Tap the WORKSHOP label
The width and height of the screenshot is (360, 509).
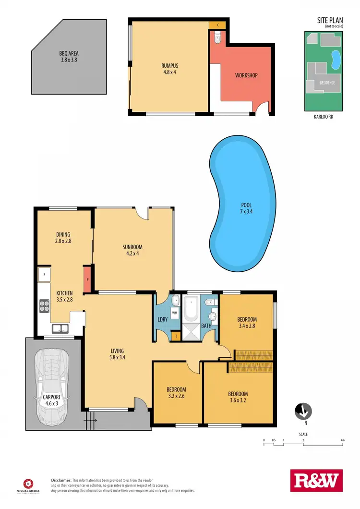point(246,75)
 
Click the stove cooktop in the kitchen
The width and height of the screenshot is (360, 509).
point(45,305)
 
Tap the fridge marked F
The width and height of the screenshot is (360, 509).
point(44,274)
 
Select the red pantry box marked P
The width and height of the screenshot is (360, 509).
point(87,279)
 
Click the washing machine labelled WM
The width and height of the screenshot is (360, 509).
point(174,313)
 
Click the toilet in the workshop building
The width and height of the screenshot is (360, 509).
point(217,38)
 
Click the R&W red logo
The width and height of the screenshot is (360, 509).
point(317,481)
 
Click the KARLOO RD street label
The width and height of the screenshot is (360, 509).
point(325,116)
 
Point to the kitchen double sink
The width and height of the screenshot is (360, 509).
point(60,329)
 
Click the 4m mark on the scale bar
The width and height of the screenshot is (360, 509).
point(343,440)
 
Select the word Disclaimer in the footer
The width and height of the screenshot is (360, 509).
point(61,480)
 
